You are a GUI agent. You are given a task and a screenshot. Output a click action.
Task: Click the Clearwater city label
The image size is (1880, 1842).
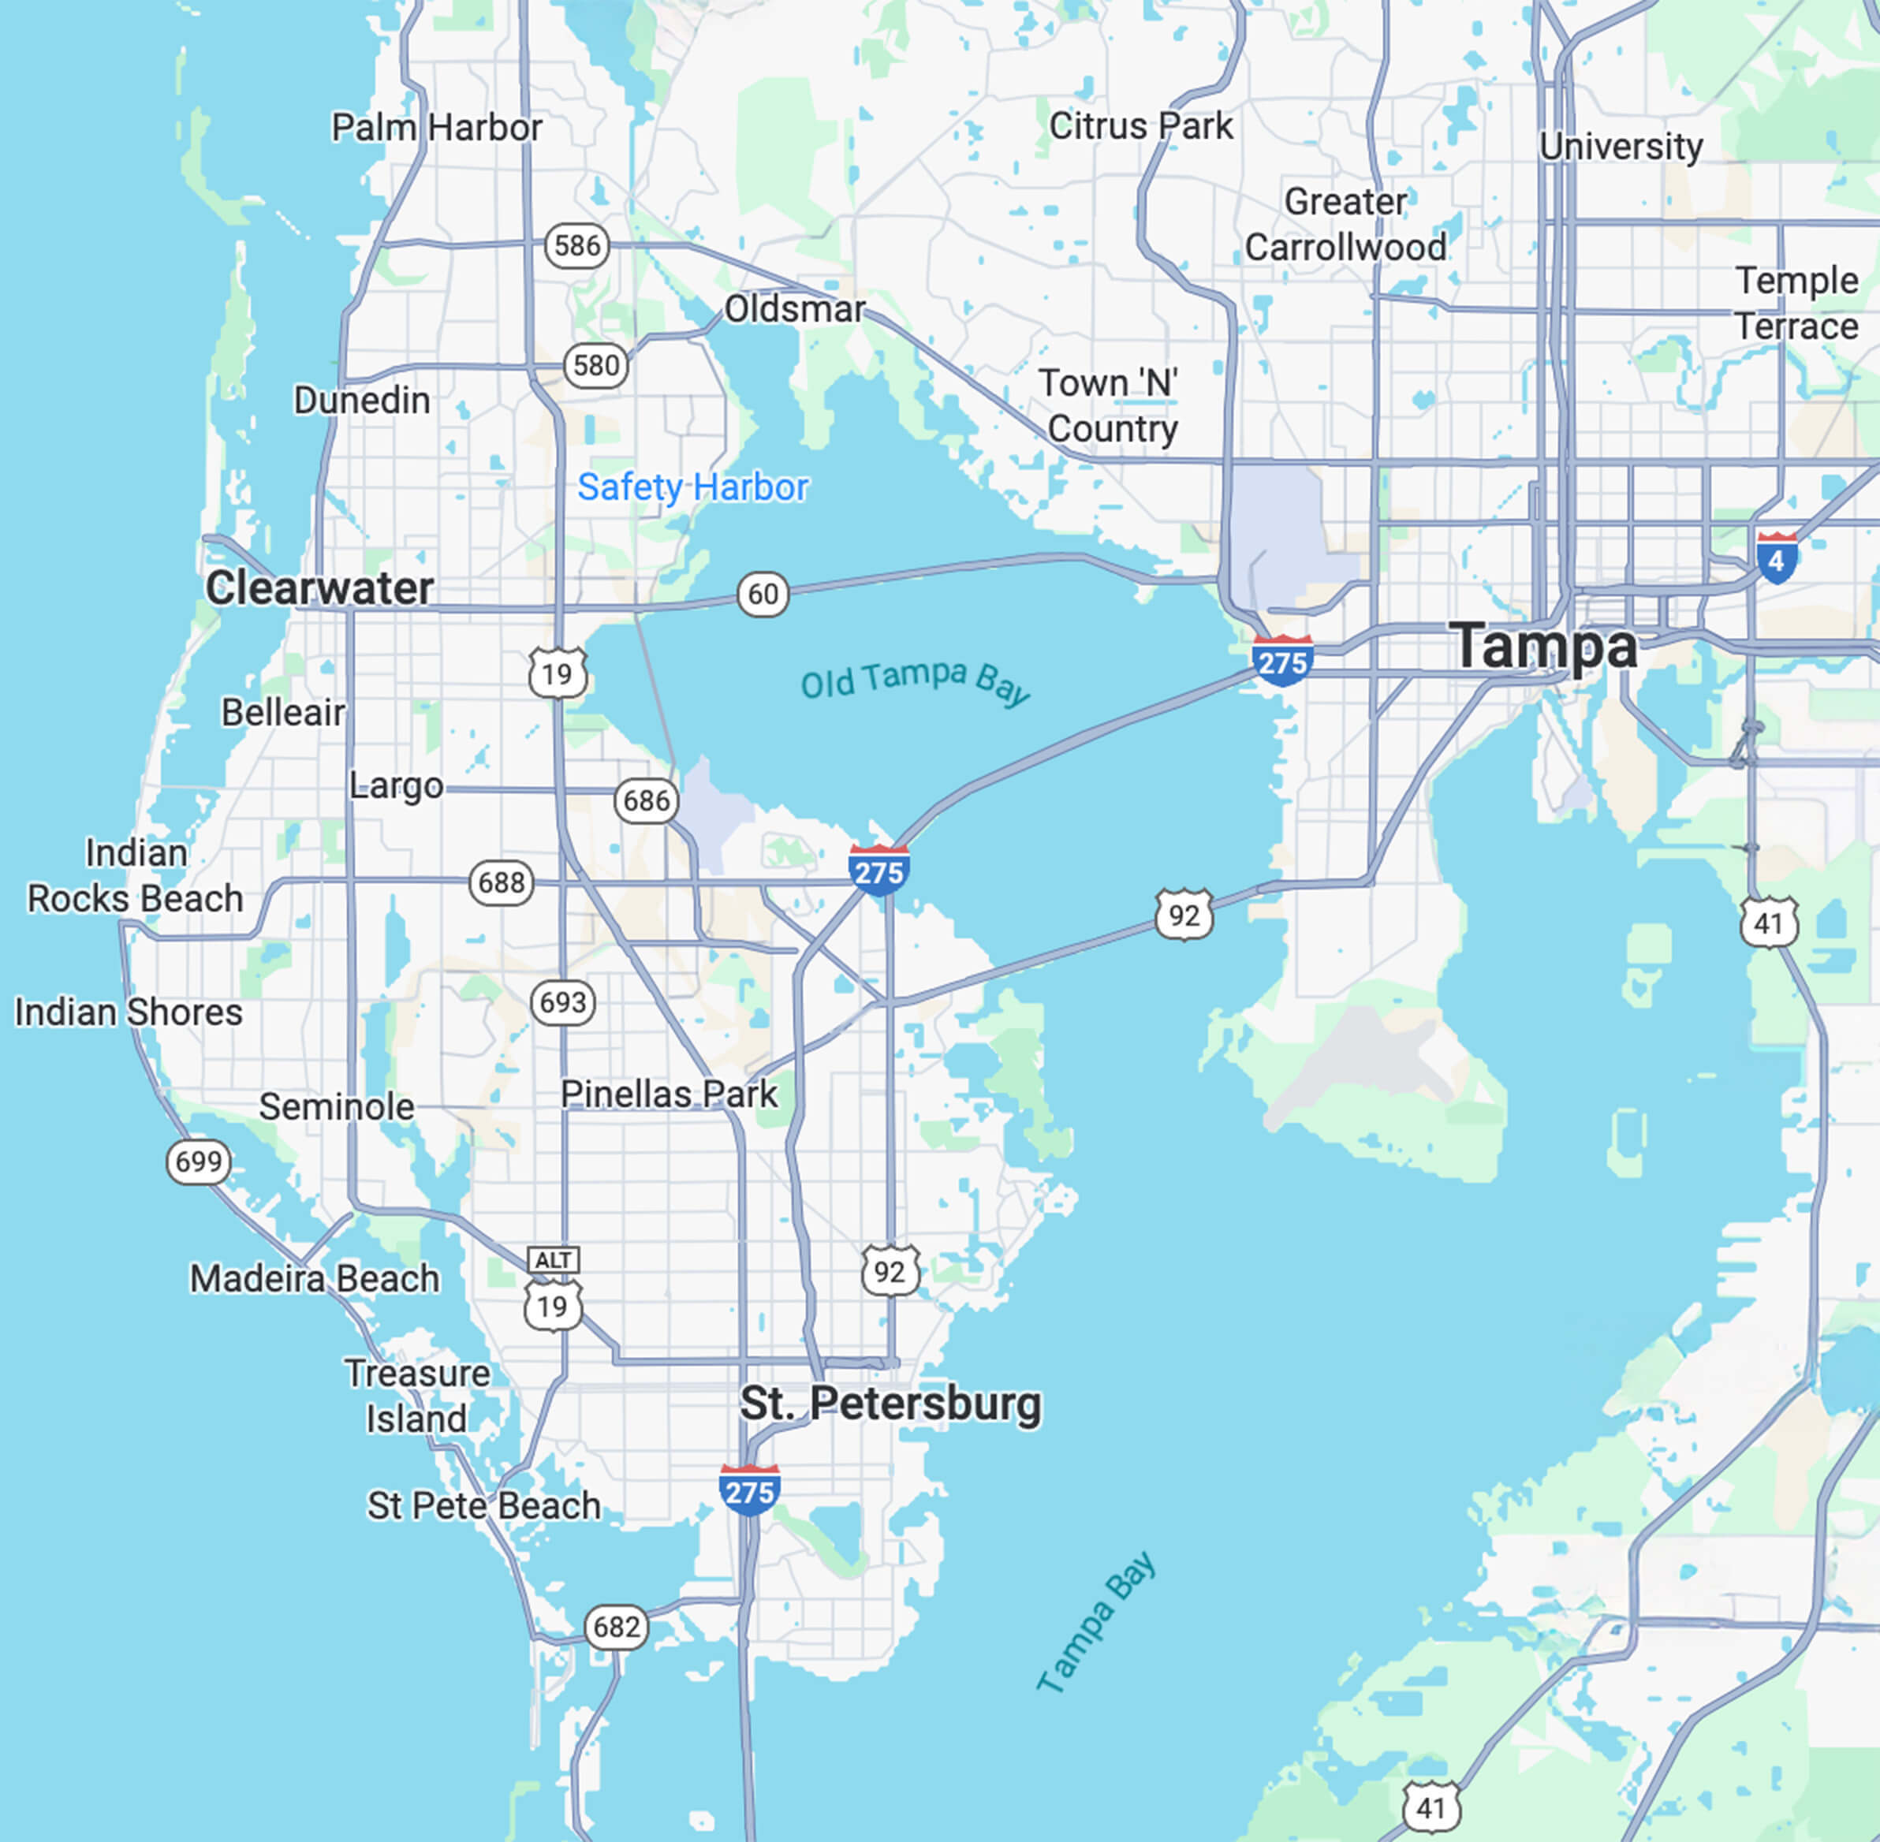(x=319, y=588)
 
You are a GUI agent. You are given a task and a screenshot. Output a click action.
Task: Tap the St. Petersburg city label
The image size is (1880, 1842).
(x=890, y=1404)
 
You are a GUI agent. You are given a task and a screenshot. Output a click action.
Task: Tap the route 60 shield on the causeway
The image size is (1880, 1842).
(x=763, y=594)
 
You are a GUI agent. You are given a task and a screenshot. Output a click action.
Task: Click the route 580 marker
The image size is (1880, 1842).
(x=595, y=366)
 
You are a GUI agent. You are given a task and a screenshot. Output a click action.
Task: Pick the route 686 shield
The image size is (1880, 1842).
(x=647, y=801)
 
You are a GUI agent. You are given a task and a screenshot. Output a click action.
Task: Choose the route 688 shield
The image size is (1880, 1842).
(x=502, y=883)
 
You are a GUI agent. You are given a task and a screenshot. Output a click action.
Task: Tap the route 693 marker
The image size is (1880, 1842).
(x=563, y=1002)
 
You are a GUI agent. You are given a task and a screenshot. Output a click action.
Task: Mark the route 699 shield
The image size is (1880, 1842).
(x=199, y=1161)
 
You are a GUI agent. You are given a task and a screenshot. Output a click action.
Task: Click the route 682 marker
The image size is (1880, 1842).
(x=617, y=1628)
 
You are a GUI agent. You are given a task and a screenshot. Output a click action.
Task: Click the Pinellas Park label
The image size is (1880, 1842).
(x=669, y=1094)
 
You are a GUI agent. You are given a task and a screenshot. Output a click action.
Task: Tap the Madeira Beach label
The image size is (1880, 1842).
(x=315, y=1279)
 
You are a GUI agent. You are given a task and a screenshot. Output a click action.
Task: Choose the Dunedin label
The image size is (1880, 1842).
(x=362, y=401)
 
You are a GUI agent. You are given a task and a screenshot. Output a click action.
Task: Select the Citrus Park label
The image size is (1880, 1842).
(x=1141, y=125)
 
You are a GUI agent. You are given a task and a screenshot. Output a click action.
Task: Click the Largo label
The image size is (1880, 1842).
(x=396, y=785)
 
